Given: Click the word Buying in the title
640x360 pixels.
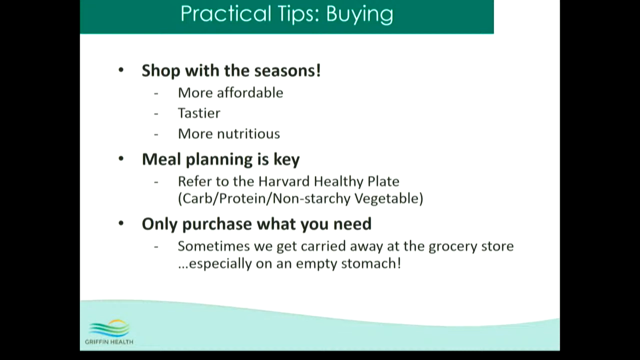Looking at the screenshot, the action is click(360, 15).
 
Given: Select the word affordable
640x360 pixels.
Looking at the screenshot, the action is click(250, 93).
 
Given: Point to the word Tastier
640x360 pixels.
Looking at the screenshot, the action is click(199, 113).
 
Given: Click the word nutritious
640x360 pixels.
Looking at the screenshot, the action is click(248, 134).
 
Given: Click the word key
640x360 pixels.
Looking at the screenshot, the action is click(286, 160).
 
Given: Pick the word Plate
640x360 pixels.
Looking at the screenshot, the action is click(383, 181).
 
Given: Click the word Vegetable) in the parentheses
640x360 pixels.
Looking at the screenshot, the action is click(389, 199).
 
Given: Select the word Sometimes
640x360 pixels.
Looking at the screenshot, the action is click(214, 246).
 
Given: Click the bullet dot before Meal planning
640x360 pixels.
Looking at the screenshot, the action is click(121, 159).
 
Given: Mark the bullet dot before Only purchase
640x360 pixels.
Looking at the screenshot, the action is click(121, 223).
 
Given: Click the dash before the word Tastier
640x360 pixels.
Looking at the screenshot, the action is click(156, 114).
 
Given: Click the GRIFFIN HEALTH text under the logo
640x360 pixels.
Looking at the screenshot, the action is click(109, 342).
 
